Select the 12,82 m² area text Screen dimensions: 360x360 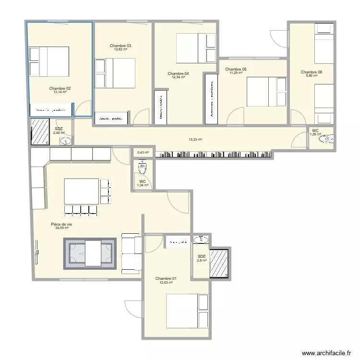tap(120, 49)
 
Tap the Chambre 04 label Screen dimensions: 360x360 tap(178, 73)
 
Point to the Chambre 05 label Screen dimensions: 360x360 tap(236, 69)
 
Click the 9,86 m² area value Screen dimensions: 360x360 tap(312, 76)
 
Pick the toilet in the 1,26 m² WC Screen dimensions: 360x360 tap(327, 139)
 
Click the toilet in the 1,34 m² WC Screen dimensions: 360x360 tap(143, 168)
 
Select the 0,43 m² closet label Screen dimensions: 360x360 tap(143, 153)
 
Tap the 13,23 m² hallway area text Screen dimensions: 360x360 tap(195, 140)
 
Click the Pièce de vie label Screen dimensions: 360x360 tap(61, 224)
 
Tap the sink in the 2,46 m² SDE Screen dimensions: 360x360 tap(66, 141)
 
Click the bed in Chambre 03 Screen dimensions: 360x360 tap(115, 73)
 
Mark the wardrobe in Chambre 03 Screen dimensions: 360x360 tap(111, 118)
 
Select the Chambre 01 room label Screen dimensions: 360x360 tap(166, 278)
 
